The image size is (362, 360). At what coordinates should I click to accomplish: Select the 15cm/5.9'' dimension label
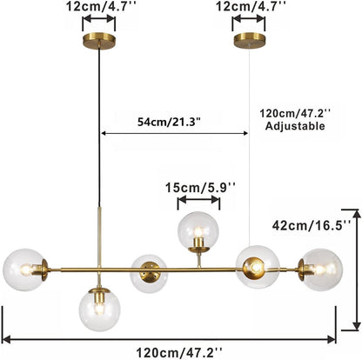198,185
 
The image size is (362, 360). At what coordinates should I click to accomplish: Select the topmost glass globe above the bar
198,231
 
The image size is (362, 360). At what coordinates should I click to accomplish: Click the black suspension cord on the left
100,130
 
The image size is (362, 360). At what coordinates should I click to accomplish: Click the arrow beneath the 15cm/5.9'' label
198,202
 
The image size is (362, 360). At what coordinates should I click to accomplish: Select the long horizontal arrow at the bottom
170,338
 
